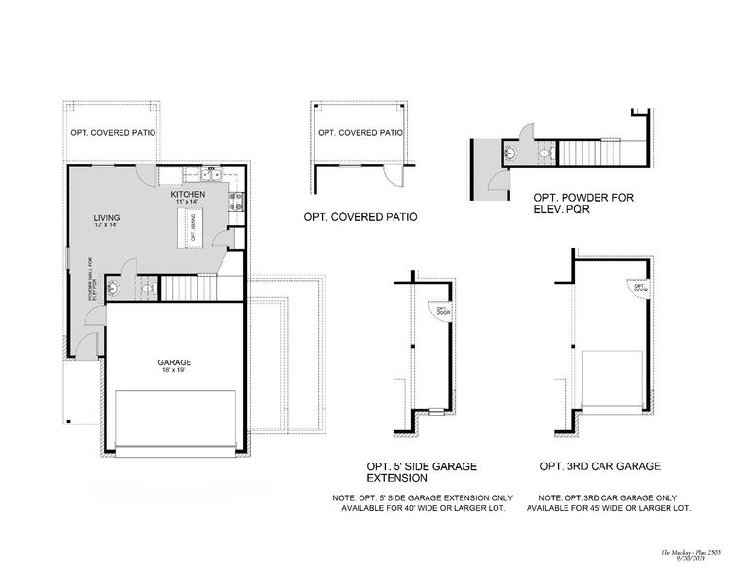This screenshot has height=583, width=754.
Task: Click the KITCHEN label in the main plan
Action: click(188, 195)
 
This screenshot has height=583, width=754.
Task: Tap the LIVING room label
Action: click(106, 217)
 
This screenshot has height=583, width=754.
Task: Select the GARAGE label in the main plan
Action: click(175, 362)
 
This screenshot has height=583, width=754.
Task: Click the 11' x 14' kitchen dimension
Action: click(187, 203)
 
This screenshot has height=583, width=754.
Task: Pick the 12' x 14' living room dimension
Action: click(106, 225)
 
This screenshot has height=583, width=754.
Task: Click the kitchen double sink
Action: click(212, 175)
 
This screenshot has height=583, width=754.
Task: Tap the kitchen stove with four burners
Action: click(234, 201)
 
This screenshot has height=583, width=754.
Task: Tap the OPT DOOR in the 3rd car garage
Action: click(641, 288)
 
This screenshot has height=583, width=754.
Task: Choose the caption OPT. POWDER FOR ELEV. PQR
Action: click(583, 202)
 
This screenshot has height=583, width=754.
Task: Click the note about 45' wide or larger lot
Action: click(613, 503)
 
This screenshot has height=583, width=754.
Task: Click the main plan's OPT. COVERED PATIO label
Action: click(113, 132)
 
